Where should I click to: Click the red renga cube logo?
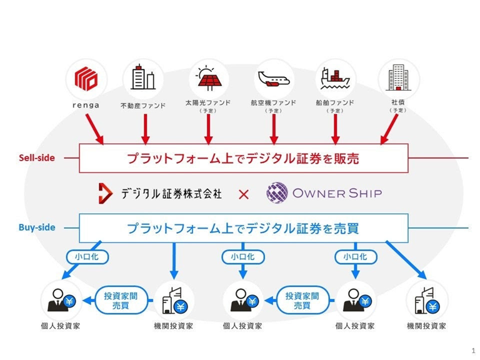[86, 79]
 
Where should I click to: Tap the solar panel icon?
[209, 78]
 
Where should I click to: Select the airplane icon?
[274, 79]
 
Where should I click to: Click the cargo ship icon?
[335, 79]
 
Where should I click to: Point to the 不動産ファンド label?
[143, 106]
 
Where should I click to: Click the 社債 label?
[398, 102]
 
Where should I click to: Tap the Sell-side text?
[37, 158]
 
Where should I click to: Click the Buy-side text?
[37, 227]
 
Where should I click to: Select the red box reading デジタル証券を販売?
[244, 158]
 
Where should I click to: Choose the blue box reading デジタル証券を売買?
[244, 228]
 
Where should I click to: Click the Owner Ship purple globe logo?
[277, 192]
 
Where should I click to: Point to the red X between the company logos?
[244, 194]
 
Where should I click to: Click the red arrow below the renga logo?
[94, 129]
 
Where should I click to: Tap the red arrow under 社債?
[389, 129]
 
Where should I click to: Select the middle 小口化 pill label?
[243, 257]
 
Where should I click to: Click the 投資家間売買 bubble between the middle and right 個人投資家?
[302, 300]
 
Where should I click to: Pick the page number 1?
[474, 351]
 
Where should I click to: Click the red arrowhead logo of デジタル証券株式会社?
[105, 193]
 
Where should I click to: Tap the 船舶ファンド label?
[335, 102]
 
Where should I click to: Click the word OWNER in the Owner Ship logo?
[319, 193]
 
